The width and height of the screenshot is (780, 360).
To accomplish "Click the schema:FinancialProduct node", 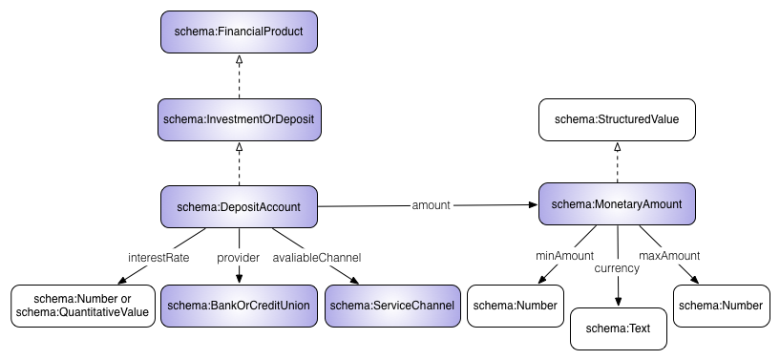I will click(x=239, y=32).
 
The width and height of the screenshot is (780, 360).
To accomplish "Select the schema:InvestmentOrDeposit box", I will click(x=239, y=119).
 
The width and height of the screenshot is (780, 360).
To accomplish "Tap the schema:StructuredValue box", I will click(x=617, y=119).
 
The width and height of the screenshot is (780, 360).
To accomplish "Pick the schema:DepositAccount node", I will click(x=239, y=206).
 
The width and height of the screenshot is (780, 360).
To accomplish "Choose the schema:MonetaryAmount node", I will click(x=617, y=203).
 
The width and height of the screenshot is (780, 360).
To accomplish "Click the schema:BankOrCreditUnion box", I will click(x=238, y=306).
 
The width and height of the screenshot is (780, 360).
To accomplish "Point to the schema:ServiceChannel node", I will click(x=391, y=306).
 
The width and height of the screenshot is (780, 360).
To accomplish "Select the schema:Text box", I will click(x=618, y=328).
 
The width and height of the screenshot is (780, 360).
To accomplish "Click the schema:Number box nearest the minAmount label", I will click(x=516, y=306).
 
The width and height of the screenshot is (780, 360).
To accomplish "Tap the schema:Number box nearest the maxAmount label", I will click(x=720, y=306).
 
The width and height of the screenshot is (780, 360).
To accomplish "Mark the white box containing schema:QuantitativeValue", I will click(x=83, y=306).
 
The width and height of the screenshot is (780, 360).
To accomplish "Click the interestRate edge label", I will click(x=158, y=258).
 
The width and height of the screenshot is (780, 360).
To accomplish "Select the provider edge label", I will click(x=239, y=258).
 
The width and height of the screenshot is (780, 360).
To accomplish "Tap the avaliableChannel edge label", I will click(x=317, y=258).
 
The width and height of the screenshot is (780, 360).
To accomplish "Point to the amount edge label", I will click(x=431, y=204).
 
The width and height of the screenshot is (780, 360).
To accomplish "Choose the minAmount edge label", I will click(x=564, y=255).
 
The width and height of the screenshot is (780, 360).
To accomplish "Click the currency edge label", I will click(x=617, y=269).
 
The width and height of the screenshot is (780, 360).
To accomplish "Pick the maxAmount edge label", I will click(x=669, y=255).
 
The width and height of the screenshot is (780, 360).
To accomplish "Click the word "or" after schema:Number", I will click(x=125, y=298).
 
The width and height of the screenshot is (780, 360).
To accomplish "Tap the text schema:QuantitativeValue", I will click(x=83, y=312).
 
